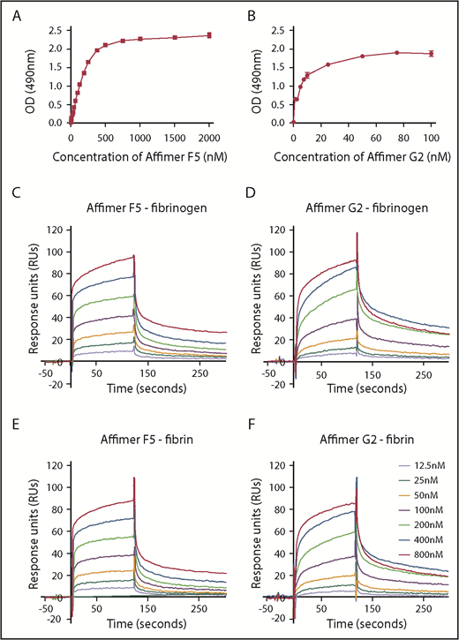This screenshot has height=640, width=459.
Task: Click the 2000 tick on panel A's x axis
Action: pos(209,139)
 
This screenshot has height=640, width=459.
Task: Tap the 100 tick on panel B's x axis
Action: pos(431,139)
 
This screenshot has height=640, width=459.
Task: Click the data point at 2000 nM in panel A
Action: pos(209,35)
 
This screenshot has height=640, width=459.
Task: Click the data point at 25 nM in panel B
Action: pos(327,64)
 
